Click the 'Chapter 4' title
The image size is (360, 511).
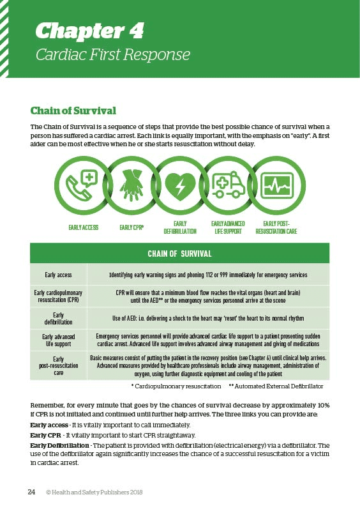point(89,30)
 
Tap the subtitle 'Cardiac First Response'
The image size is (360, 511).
point(112,54)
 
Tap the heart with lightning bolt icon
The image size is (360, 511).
point(180,185)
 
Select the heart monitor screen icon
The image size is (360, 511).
point(278,185)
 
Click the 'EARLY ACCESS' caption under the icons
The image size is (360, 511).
point(83,227)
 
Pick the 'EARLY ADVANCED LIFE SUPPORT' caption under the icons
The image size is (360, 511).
point(229,227)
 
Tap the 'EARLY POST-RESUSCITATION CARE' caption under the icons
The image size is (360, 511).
point(276,227)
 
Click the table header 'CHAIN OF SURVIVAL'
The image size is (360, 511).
point(179,254)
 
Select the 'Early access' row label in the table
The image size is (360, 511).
point(58,275)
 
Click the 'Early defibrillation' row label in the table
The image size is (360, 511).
point(58,318)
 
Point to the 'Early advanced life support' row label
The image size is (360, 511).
point(58,339)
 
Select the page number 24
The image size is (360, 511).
point(31,492)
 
